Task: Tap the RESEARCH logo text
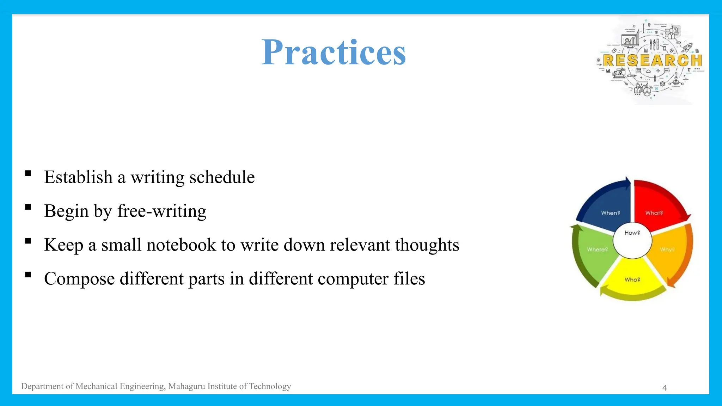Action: click(x=652, y=61)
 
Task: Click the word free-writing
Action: click(x=161, y=211)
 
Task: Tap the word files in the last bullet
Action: click(x=409, y=278)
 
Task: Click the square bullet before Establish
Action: click(x=28, y=173)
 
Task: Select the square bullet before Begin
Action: click(x=28, y=207)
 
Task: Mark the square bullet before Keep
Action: click(x=28, y=241)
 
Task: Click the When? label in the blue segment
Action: click(x=610, y=213)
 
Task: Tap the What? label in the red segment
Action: click(x=654, y=213)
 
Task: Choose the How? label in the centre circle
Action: click(x=632, y=233)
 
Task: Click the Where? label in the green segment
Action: click(x=597, y=250)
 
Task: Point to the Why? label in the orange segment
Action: click(x=667, y=250)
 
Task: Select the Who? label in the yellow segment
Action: click(x=632, y=279)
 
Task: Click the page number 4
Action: click(x=665, y=388)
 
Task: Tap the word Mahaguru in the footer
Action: click(x=187, y=386)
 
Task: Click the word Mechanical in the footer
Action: click(x=96, y=386)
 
